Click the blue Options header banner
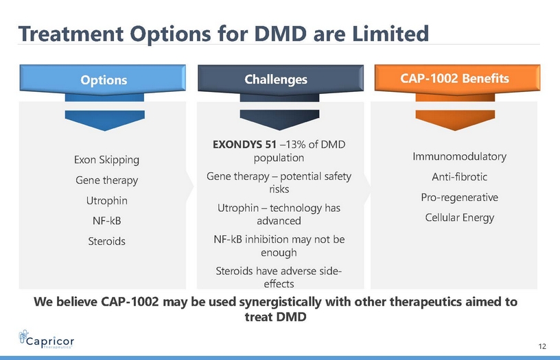coord(103,80)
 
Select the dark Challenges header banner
coord(281,80)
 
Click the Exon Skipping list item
coord(106,160)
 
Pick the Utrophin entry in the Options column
coord(106,200)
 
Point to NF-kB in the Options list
coord(106,221)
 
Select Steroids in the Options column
coord(106,241)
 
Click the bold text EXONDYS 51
coord(244,145)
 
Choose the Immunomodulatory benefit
coord(459,156)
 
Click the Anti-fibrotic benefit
coord(459,177)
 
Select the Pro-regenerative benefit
coord(459,197)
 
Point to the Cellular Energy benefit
coord(459,217)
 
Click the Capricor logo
coord(47,339)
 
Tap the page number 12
coord(542,346)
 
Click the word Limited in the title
coord(390,34)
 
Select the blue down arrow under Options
coord(104,120)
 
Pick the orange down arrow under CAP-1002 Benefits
coord(455,120)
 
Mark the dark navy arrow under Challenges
coord(279,120)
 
